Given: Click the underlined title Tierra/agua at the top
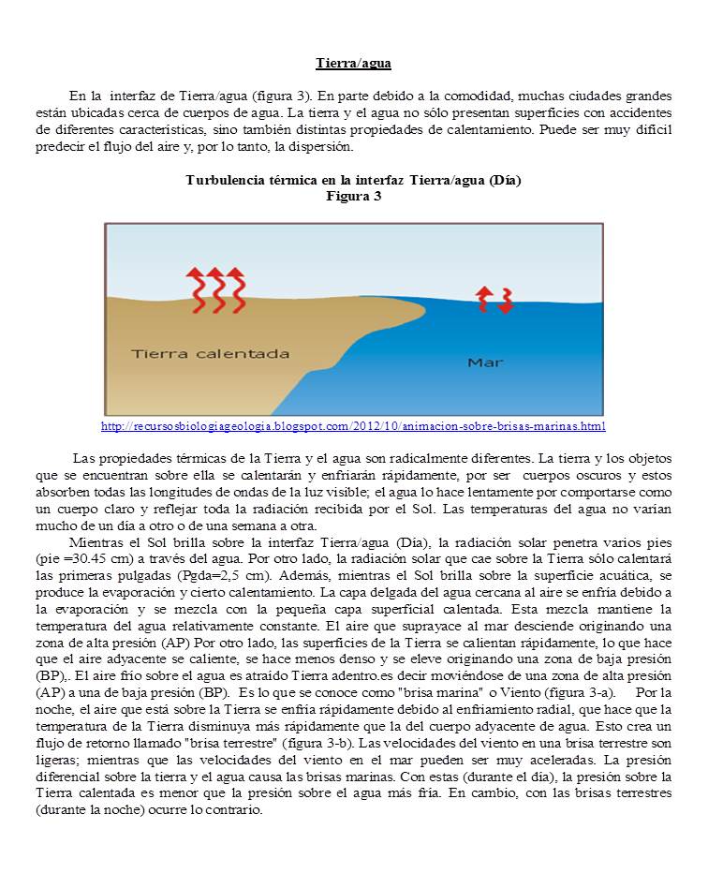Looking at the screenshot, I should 353,64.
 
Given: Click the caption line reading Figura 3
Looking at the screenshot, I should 353,196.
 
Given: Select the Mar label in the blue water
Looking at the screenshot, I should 485,362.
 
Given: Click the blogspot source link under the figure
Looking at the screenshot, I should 353,426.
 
